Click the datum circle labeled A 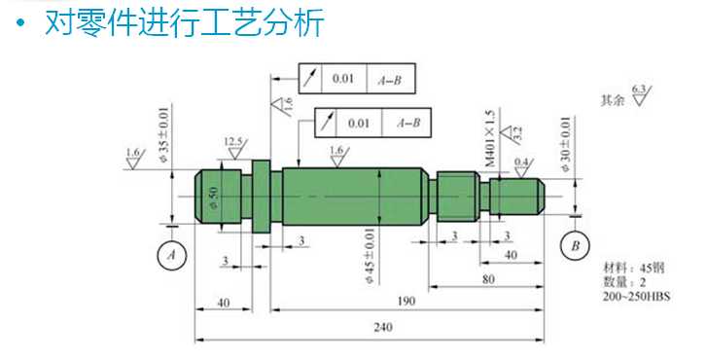tap(172, 254)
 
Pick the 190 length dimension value tap(406, 302)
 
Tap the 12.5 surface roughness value tap(233, 141)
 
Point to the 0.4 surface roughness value tap(521, 161)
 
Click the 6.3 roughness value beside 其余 tap(639, 90)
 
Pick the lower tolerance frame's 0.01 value tap(359, 124)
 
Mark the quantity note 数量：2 tap(625, 281)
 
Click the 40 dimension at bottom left tap(224, 303)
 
